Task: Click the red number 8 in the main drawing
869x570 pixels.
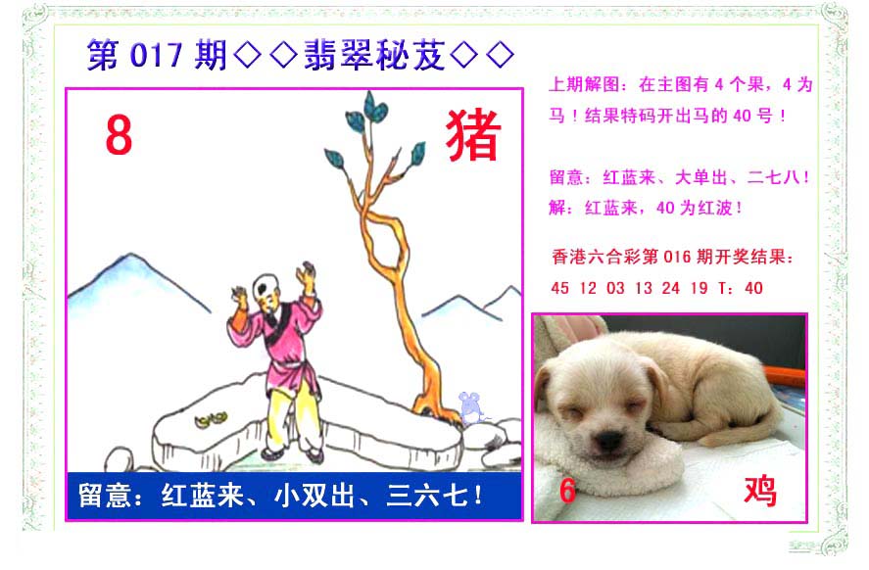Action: coord(119,136)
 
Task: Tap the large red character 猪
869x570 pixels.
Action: coord(473,134)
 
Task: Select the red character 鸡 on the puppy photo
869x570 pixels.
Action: coord(760,491)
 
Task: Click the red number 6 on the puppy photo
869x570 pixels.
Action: coord(567,491)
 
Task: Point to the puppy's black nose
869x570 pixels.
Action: coord(609,441)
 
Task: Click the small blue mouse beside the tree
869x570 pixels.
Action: coord(470,407)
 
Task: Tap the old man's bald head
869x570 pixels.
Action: coord(266,287)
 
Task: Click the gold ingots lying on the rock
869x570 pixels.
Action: coord(211,419)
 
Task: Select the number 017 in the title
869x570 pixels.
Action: coord(156,56)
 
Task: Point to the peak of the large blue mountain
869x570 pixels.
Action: coord(131,255)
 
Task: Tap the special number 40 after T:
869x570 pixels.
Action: coord(753,288)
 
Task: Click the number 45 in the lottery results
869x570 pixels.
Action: coord(559,288)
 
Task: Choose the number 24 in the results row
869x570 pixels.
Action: coord(670,288)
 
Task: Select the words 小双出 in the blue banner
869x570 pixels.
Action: coord(314,496)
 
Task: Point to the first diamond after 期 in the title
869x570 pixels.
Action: coord(248,55)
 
